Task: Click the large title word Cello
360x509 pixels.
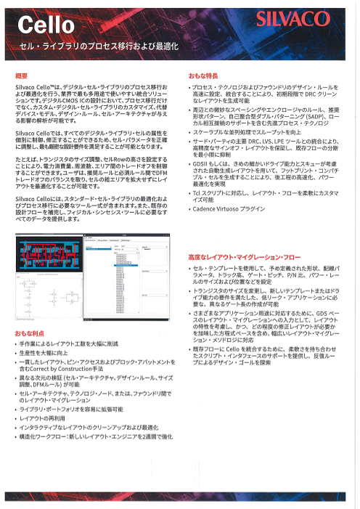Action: [x=45, y=27]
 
